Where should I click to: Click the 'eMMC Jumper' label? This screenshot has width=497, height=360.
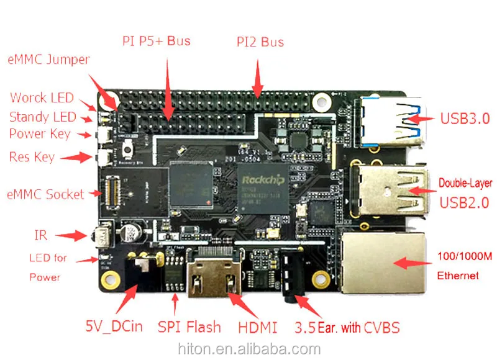48,60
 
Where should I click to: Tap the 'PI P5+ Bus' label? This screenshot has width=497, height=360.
156,42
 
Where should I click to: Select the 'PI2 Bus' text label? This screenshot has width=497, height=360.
260,42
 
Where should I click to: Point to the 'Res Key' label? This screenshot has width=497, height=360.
32,157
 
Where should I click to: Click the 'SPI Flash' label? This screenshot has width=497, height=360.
189,327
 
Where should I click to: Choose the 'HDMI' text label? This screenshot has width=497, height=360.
257,327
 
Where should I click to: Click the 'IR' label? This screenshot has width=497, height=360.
41,235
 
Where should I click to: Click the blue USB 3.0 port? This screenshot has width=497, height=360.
386,120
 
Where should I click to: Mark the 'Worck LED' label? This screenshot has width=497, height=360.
42,98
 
